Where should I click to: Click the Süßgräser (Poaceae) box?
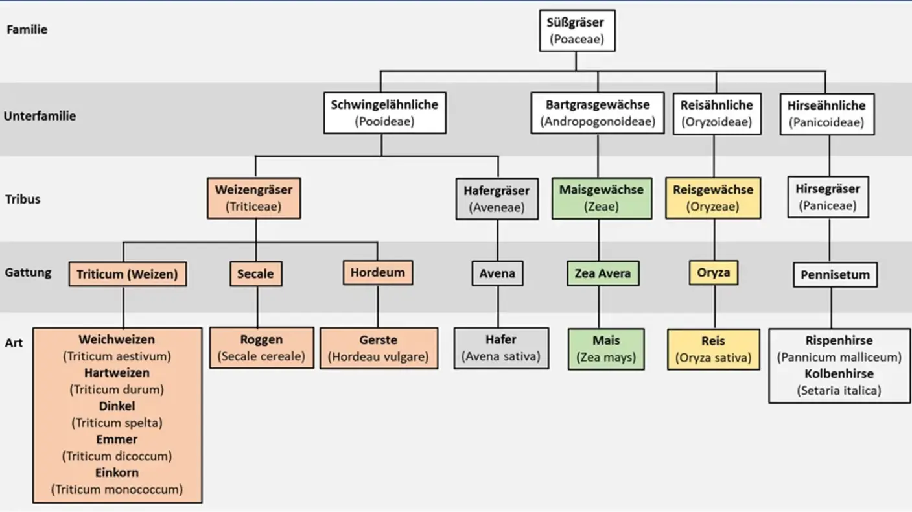click(578, 31)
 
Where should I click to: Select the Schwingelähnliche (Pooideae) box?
click(385, 113)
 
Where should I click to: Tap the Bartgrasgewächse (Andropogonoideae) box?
click(598, 113)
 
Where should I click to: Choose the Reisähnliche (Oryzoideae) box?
click(717, 113)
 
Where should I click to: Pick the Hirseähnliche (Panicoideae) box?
click(827, 114)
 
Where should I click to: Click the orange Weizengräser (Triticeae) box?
click(254, 198)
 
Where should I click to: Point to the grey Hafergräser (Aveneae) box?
click(497, 199)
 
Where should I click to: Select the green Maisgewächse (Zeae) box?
click(602, 198)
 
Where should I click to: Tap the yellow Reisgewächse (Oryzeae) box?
click(713, 198)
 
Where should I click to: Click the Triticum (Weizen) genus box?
click(128, 274)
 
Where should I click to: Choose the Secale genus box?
click(255, 273)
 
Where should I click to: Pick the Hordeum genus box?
click(378, 273)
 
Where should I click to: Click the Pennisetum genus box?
click(836, 275)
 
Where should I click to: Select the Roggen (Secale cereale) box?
click(262, 348)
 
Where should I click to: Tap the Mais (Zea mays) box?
click(606, 349)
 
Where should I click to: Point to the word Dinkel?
click(117, 406)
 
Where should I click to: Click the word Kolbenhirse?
click(839, 373)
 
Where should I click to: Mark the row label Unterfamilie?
click(40, 116)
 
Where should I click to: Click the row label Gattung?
click(28, 273)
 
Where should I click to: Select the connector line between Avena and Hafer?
click(498, 307)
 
